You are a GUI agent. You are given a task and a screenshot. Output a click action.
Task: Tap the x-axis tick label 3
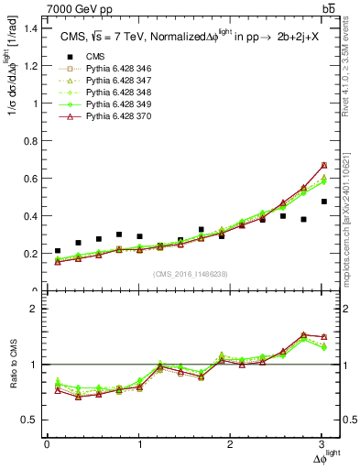coord(323,444)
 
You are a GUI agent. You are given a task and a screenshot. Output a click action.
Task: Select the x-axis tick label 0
coord(47,444)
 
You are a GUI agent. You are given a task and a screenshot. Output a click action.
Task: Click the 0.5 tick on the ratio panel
coord(30,420)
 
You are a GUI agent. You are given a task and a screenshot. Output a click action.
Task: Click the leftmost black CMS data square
coord(58,251)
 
